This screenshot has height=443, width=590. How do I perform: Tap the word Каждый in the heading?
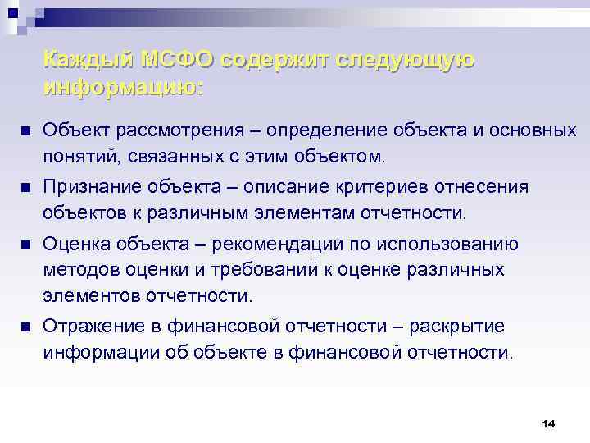(89, 60)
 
